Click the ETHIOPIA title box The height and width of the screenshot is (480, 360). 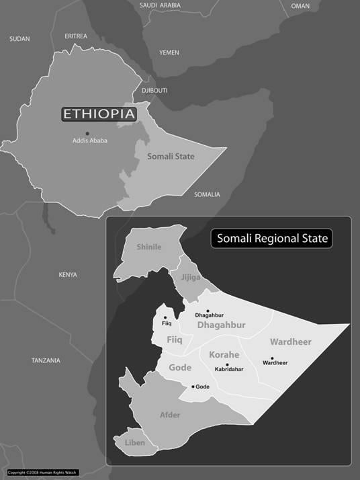[x=99, y=114]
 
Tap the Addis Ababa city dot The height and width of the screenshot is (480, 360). [x=87, y=133]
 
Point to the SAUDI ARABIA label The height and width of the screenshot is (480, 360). [x=161, y=5]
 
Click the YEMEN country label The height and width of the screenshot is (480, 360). [x=169, y=52]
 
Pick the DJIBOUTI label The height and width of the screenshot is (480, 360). [x=154, y=90]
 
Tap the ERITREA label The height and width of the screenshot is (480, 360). [x=77, y=36]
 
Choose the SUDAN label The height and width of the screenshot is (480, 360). [x=20, y=39]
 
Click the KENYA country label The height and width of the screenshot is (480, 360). [x=68, y=274]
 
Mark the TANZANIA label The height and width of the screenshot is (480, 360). [x=46, y=360]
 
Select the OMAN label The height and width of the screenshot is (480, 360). [x=300, y=5]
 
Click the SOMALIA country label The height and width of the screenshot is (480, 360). [x=207, y=194]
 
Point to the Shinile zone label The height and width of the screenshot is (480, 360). [x=149, y=247]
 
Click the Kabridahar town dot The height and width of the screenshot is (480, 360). [x=228, y=364]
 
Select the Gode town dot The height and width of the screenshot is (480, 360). [x=193, y=387]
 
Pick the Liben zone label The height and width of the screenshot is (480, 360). [x=135, y=442]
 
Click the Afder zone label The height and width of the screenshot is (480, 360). [x=169, y=415]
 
